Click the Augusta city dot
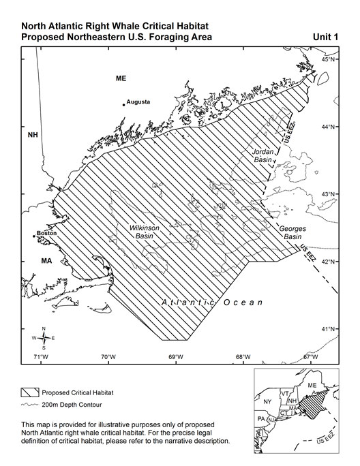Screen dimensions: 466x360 pyautogui.click(x=124, y=105)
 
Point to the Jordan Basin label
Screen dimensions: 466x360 pyautogui.click(x=262, y=155)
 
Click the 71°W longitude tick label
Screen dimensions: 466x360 pyautogui.click(x=40, y=357)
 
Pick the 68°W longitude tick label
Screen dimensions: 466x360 pyautogui.click(x=243, y=357)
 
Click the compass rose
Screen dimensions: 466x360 pyautogui.click(x=44, y=337)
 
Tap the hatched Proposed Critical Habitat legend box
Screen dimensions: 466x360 pyautogui.click(x=29, y=393)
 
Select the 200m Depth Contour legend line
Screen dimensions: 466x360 pyautogui.click(x=29, y=405)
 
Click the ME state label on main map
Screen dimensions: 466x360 pyautogui.click(x=121, y=79)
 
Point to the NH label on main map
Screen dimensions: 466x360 pyautogui.click(x=33, y=135)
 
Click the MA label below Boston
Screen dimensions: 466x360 pyautogui.click(x=28, y=260)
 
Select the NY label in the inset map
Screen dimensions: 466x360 pyautogui.click(x=267, y=402)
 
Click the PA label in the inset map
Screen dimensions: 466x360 pyautogui.click(x=260, y=418)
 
